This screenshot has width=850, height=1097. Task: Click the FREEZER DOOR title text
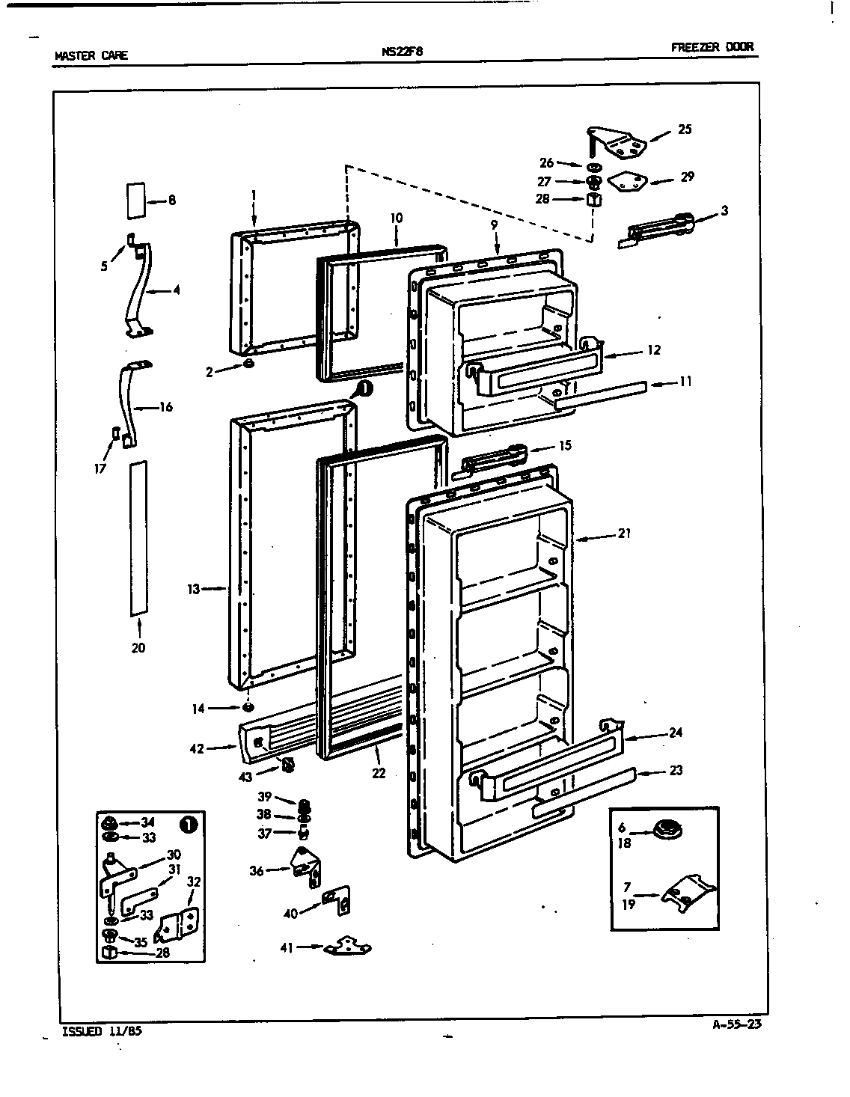712,47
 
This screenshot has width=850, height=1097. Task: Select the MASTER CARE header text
91,55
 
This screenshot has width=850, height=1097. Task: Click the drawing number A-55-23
737,1025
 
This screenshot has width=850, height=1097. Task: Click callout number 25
685,129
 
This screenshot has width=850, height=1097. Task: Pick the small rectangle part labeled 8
134,200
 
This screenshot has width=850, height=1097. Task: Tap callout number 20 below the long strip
138,648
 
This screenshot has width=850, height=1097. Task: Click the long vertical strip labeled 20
138,538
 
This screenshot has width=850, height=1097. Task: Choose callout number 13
194,589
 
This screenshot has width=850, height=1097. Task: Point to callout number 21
624,534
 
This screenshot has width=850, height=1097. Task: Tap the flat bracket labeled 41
347,947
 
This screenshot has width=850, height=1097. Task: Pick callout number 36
257,870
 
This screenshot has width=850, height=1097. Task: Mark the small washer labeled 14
248,708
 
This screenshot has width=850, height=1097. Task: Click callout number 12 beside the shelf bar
654,349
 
